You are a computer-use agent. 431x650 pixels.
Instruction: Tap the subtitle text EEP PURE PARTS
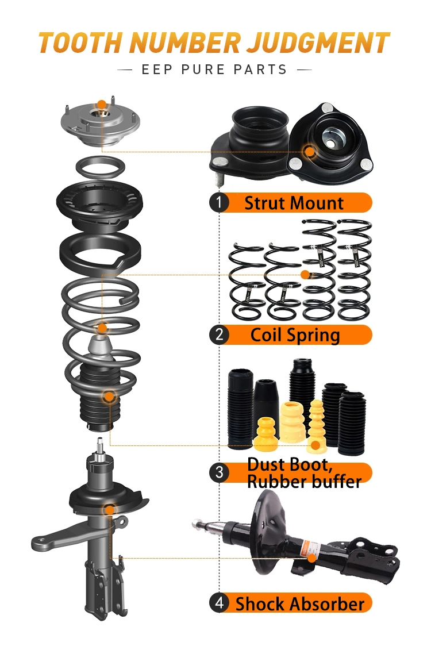[214, 70]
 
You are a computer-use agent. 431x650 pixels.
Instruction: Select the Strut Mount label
[294, 203]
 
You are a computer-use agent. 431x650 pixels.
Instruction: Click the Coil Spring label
[295, 335]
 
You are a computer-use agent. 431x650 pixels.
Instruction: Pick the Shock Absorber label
[299, 604]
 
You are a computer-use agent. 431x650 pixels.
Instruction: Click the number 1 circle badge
[219, 203]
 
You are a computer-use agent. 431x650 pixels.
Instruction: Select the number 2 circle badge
[219, 335]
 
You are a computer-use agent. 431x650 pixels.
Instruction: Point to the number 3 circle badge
[219, 473]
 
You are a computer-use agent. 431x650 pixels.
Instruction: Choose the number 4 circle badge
[219, 603]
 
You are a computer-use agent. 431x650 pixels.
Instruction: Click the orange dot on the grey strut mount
[102, 105]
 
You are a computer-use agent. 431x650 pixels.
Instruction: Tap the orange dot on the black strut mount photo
[310, 152]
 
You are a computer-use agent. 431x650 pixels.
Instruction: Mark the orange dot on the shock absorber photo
[311, 557]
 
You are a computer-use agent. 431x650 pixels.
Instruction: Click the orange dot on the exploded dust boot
[109, 396]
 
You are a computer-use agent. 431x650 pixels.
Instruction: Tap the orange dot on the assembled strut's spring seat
[109, 509]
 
